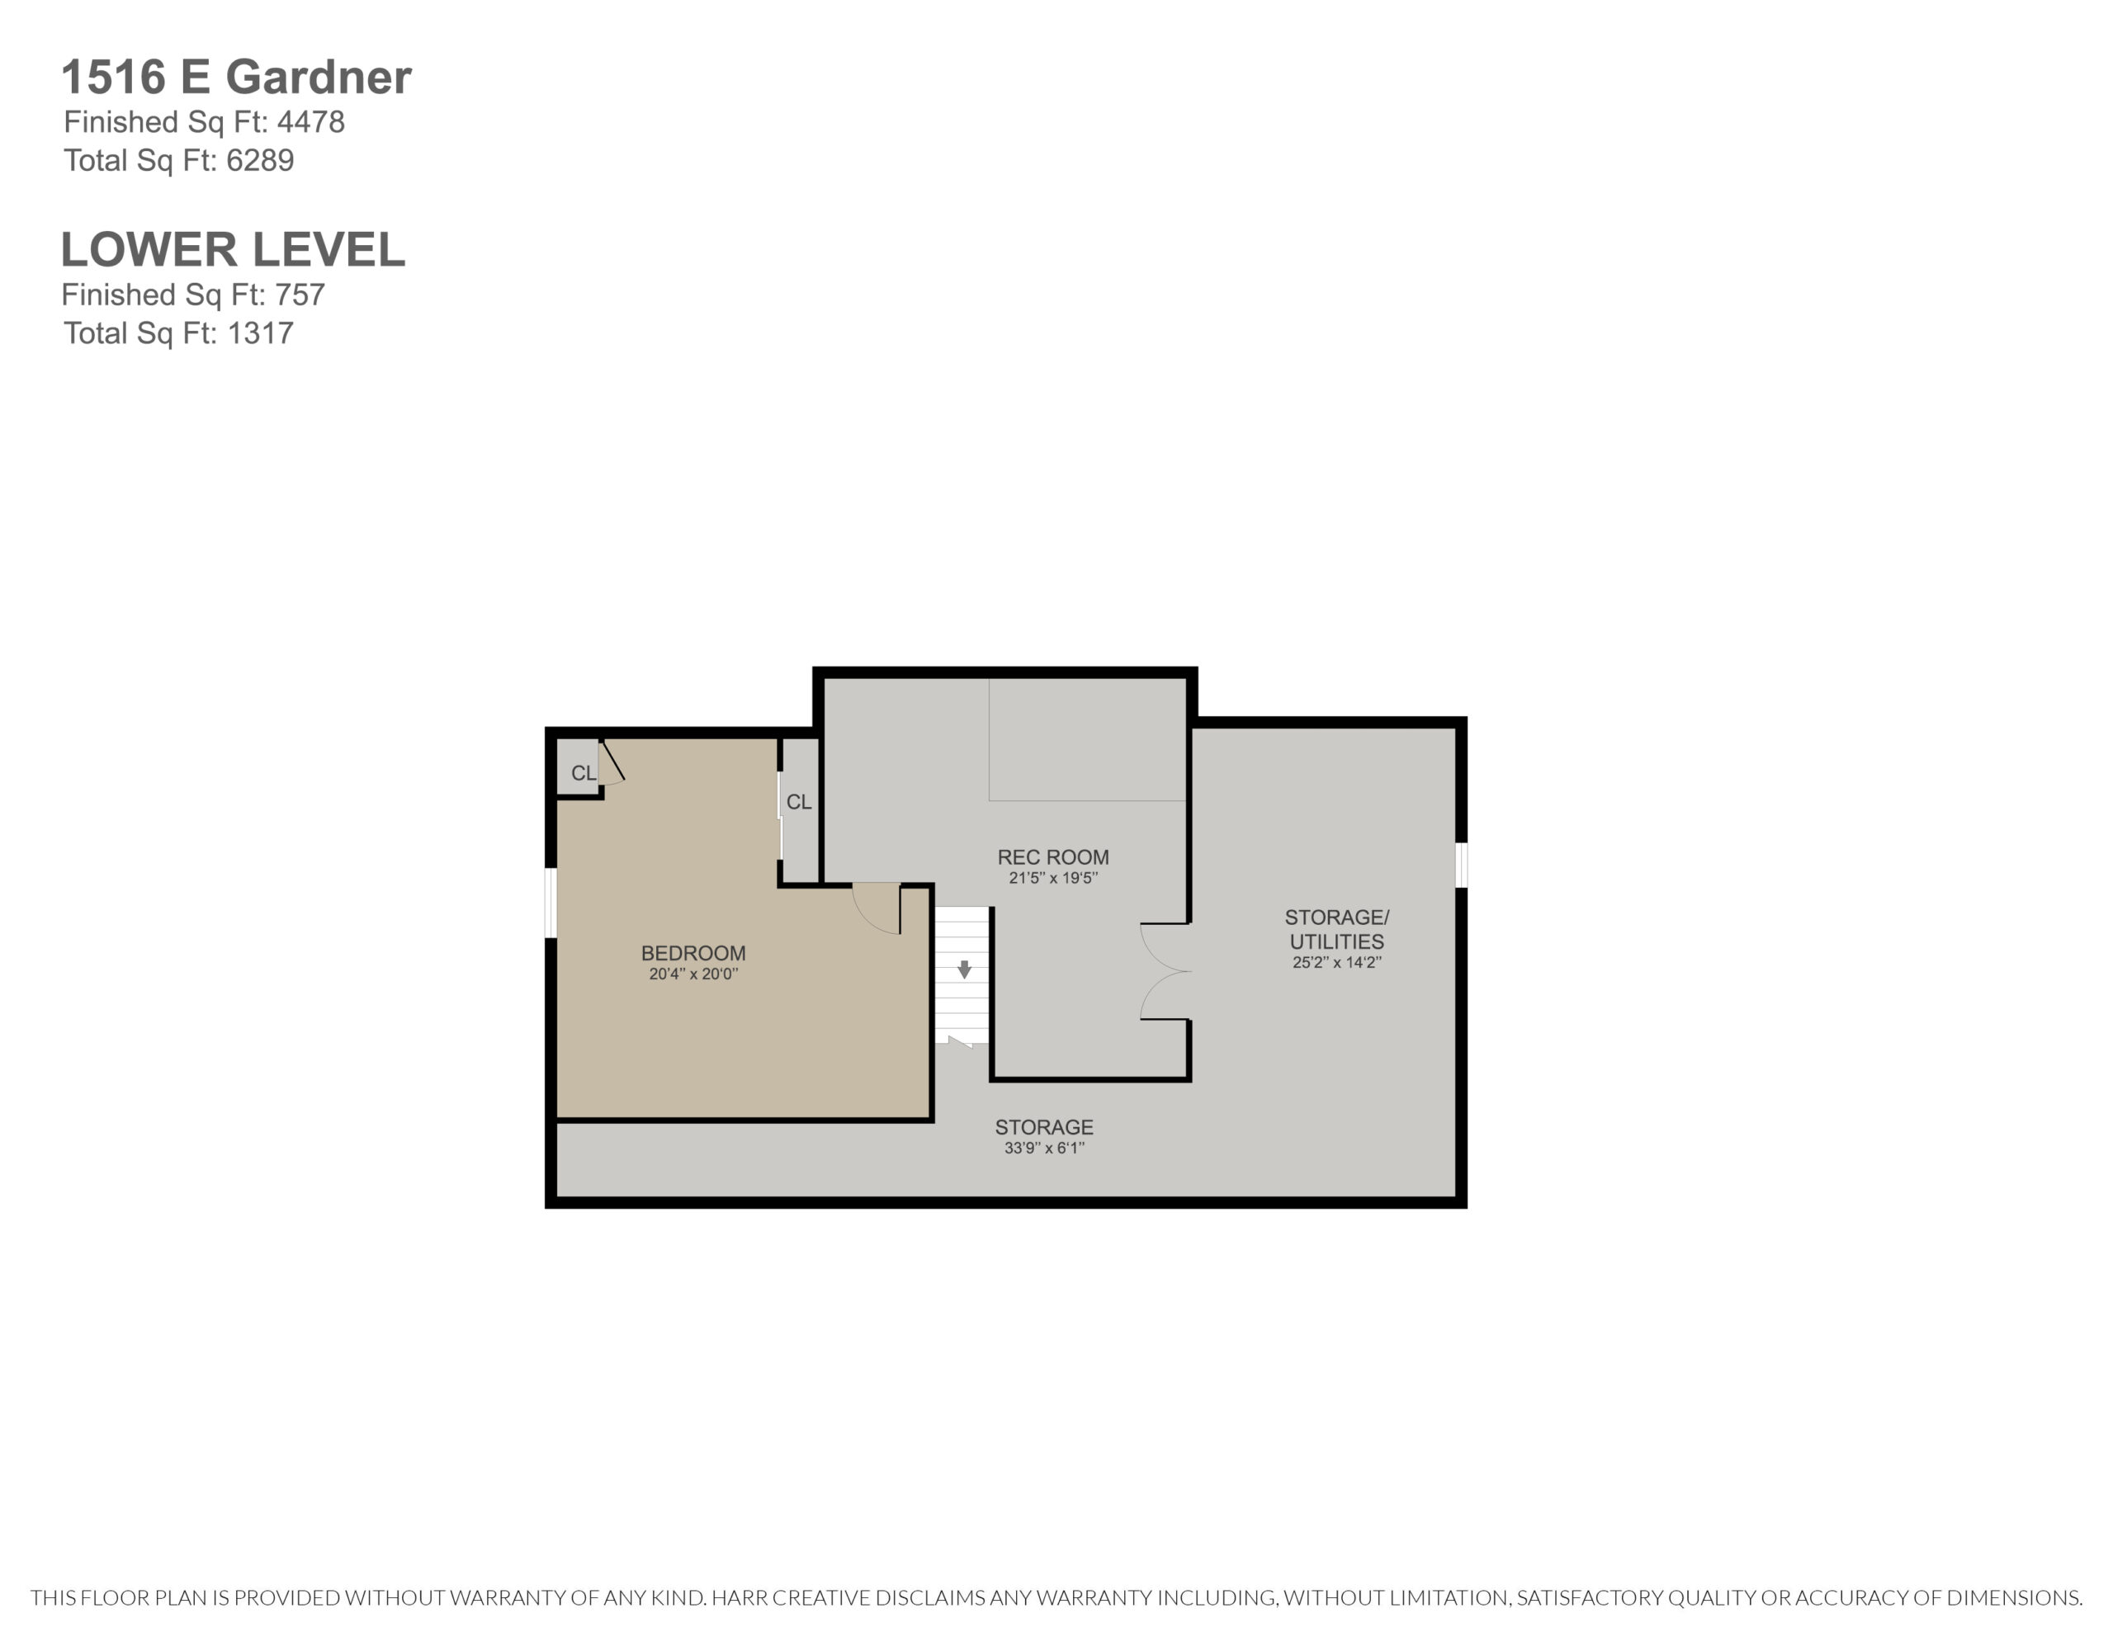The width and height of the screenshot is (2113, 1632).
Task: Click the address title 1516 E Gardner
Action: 236,78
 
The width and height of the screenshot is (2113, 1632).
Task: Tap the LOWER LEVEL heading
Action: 233,250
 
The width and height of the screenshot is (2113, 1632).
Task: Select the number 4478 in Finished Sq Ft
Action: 310,122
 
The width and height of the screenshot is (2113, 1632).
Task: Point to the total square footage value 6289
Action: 260,161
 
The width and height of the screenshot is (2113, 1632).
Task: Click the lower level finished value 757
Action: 299,295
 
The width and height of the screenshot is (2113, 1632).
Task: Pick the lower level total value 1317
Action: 260,334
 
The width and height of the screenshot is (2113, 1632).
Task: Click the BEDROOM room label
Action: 693,953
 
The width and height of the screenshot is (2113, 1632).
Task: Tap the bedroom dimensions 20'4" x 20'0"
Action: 693,974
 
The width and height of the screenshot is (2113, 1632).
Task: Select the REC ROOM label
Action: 1053,857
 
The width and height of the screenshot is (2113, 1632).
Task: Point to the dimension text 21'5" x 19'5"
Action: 1053,879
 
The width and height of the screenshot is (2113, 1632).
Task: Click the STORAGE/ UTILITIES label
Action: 1337,929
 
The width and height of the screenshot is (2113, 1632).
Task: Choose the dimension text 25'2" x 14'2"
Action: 1337,963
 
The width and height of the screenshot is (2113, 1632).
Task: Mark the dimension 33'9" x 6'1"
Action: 1045,1149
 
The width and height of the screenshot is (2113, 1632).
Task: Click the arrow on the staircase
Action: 965,969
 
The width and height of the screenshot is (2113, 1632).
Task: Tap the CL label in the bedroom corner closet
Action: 584,773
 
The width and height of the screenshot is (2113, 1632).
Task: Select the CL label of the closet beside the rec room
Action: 799,802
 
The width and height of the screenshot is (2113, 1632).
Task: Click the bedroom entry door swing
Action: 877,908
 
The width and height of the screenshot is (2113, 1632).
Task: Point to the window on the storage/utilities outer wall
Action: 1462,865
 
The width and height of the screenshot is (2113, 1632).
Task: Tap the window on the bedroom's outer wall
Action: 551,903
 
